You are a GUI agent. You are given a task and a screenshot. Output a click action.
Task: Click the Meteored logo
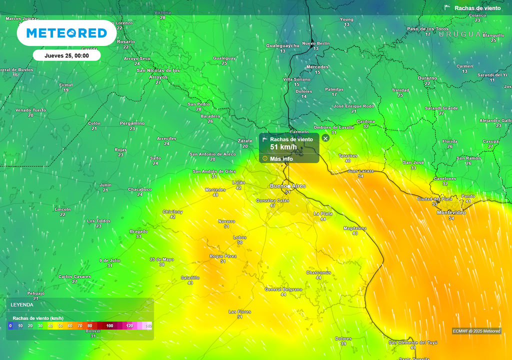[66, 33]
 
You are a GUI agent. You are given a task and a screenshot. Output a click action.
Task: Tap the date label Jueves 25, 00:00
[66, 55]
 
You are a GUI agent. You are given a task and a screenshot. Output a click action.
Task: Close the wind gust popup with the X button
[325, 138]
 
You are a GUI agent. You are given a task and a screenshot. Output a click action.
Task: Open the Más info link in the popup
[281, 159]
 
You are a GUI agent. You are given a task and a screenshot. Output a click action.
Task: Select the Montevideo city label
[451, 212]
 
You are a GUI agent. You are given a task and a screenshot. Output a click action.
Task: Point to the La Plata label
[323, 213]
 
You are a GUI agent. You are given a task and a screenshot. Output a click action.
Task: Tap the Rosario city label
[126, 41]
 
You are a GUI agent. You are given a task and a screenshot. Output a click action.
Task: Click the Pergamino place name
[132, 123]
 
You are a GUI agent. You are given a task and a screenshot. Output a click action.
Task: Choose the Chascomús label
[318, 272]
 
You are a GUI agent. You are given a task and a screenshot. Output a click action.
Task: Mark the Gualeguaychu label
[282, 45]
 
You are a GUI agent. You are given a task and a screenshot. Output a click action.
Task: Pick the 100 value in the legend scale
[110, 326]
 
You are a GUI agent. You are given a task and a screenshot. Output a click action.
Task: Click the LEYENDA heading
[22, 304]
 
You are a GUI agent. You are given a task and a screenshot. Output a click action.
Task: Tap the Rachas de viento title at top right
[477, 8]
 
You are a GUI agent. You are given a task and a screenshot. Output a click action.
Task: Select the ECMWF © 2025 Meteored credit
[476, 331]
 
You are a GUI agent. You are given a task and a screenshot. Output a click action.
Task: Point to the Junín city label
[105, 185]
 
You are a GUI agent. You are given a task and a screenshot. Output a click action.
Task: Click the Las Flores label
[239, 311]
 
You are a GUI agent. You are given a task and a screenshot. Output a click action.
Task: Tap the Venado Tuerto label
[30, 110]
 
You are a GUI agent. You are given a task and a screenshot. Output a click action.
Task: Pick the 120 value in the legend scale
[129, 326]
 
